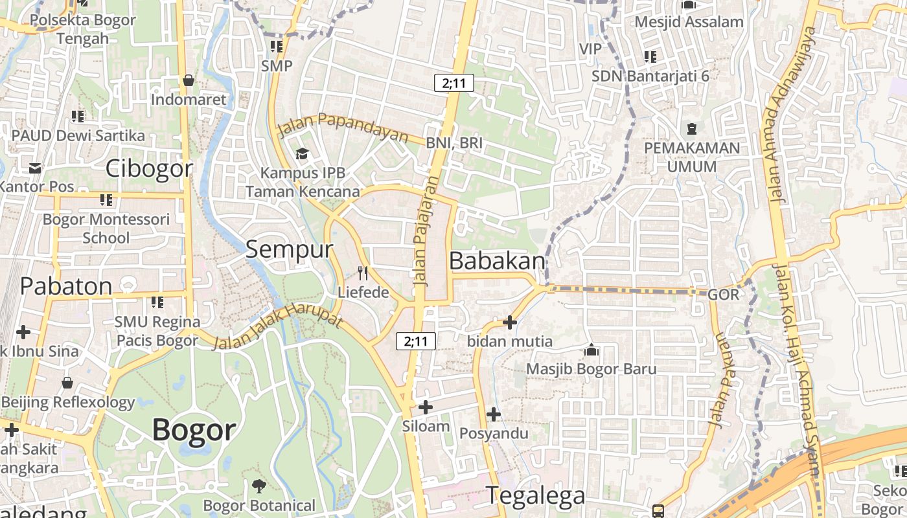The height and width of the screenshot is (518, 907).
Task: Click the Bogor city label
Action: coord(194,430)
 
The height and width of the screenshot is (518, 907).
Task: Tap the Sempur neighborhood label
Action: coord(289,249)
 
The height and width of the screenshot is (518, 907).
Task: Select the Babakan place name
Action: coord(497,261)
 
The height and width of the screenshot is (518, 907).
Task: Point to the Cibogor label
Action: coord(149,169)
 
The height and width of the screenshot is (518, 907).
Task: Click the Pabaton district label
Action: coord(66,286)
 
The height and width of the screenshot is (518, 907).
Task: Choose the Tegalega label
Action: coord(535,495)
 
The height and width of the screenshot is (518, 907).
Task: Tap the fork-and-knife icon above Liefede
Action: coord(363,273)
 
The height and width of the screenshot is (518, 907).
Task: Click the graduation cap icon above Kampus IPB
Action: coord(302,154)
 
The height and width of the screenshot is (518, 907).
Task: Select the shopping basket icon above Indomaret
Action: coord(189,80)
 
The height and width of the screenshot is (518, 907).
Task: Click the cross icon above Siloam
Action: coord(426,407)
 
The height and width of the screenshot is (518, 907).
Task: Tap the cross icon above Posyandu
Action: coord(494,414)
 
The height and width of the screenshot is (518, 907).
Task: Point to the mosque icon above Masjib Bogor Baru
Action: coord(591,350)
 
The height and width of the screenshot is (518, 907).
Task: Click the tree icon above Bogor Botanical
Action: coord(258,486)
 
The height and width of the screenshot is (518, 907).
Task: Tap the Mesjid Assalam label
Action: coord(689,22)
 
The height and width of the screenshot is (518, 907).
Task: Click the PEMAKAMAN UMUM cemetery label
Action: coord(692,157)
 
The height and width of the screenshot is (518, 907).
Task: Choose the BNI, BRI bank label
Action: coord(454,143)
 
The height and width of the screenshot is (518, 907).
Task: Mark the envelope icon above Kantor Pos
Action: coord(34,168)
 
